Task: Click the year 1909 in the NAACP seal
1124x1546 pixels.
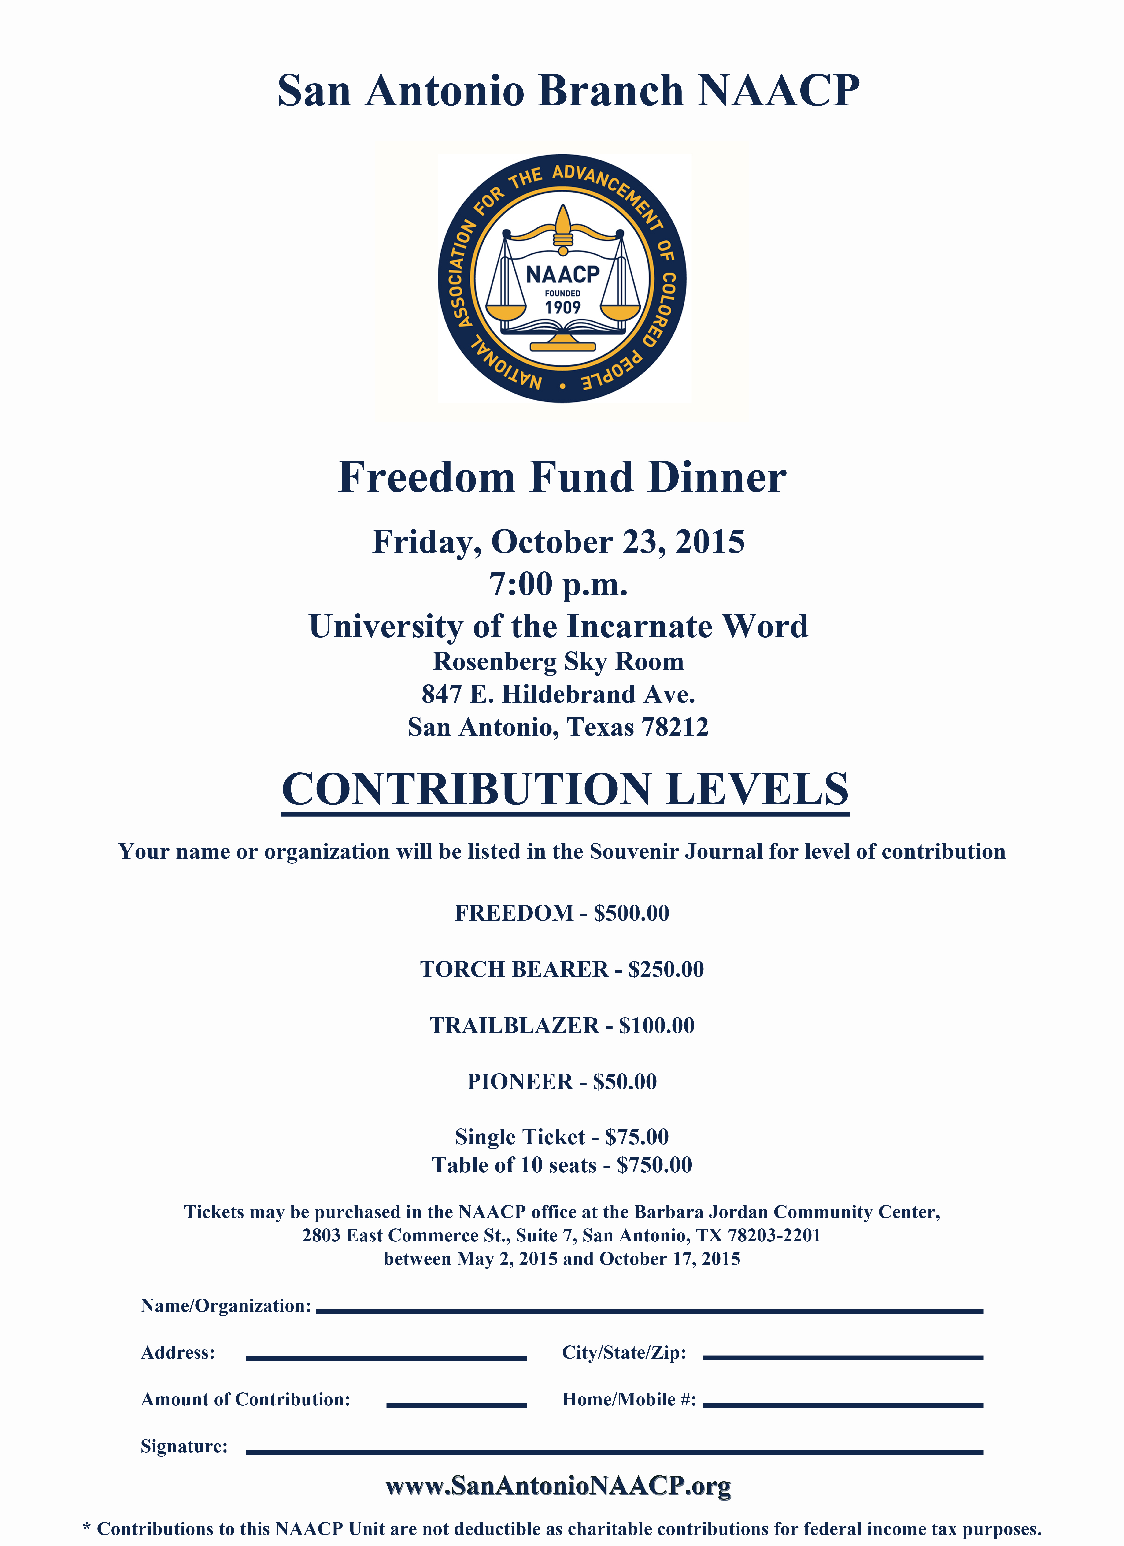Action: (562, 307)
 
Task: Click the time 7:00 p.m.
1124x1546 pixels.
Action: (558, 584)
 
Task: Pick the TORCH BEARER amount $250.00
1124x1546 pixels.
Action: (666, 969)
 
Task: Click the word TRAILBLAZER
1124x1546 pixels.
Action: (514, 1026)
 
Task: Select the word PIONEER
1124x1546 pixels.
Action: (519, 1082)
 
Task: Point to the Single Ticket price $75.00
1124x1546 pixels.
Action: (637, 1137)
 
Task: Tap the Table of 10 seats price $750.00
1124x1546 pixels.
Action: (654, 1165)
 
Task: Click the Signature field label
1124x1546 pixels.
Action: (184, 1446)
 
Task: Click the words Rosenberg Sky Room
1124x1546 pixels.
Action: (558, 661)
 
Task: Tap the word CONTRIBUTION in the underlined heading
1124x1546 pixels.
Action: (466, 789)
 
